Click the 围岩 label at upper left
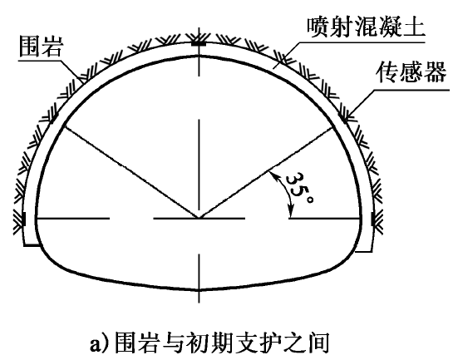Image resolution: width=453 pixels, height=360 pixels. (x=40, y=46)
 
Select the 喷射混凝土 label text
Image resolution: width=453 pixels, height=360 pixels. (x=366, y=27)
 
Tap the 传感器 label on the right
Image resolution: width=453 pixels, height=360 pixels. (x=411, y=72)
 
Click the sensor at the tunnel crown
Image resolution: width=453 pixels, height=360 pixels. (x=199, y=44)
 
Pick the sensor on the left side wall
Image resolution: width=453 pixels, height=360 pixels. (x=24, y=219)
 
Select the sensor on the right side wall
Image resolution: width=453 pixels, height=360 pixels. (x=373, y=219)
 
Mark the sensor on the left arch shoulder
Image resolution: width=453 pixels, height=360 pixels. (x=55, y=117)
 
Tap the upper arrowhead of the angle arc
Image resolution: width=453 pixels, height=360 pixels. (x=271, y=175)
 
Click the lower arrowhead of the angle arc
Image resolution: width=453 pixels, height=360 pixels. (x=291, y=213)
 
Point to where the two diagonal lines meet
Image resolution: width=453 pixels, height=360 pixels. (x=199, y=218)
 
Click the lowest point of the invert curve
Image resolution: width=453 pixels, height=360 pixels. (x=199, y=290)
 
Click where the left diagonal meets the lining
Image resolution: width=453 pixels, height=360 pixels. (x=64, y=126)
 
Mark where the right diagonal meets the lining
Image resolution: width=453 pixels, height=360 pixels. (x=333, y=127)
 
